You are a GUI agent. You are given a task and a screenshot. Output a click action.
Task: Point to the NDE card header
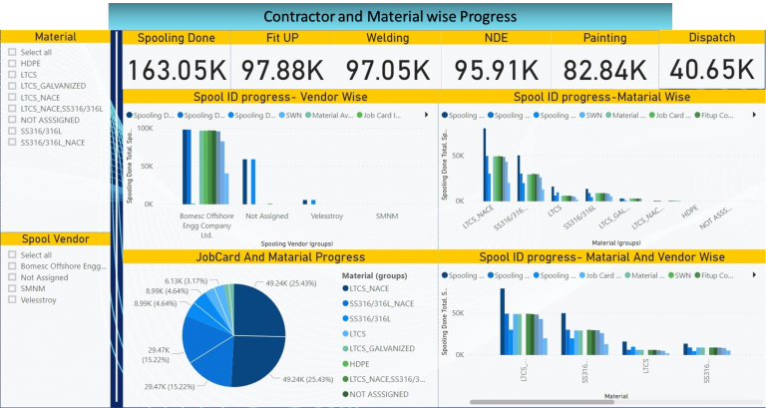(x=496, y=38)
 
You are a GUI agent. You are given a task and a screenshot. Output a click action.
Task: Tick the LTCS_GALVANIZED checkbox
(x=11, y=85)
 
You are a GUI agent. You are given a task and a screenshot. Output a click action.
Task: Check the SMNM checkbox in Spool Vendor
(x=11, y=287)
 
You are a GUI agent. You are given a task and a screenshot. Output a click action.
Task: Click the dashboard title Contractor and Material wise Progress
(x=390, y=16)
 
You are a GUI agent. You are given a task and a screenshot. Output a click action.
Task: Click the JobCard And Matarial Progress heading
(x=278, y=256)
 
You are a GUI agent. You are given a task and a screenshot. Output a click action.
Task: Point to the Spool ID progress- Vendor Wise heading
(x=278, y=97)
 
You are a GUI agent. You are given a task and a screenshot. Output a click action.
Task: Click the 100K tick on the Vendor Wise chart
(x=144, y=129)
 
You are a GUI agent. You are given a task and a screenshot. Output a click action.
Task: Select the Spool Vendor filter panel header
(x=55, y=238)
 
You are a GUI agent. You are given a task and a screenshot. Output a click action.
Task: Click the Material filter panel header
(x=55, y=36)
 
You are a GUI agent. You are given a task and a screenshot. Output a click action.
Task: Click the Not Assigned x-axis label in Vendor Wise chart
(x=265, y=214)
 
